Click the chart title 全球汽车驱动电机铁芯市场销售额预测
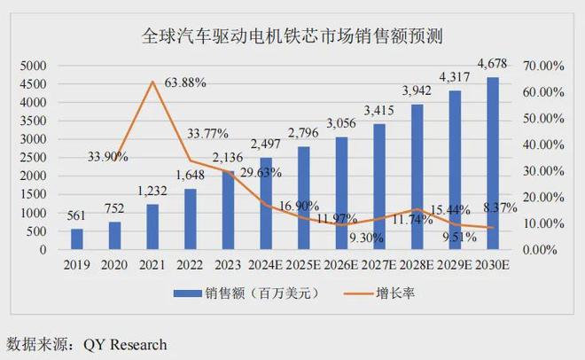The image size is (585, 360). (x=292, y=37)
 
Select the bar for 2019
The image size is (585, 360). (x=77, y=239)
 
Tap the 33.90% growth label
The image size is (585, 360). (x=107, y=156)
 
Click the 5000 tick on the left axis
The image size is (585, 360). (x=35, y=66)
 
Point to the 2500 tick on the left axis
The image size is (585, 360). (x=35, y=158)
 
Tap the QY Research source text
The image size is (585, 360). (x=125, y=343)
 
